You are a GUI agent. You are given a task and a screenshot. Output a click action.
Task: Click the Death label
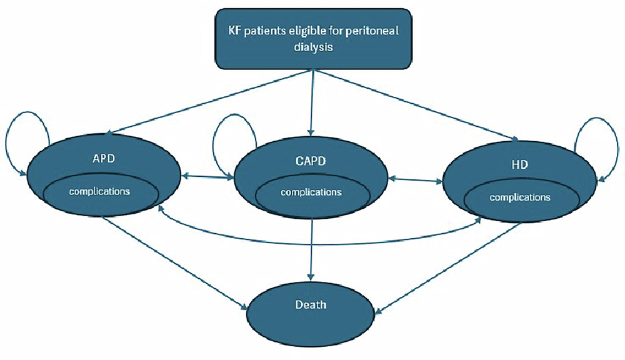tap(311, 306)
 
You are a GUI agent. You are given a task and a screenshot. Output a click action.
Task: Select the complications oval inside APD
tap(100, 191)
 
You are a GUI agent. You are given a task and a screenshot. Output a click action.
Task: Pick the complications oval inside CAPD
tap(311, 192)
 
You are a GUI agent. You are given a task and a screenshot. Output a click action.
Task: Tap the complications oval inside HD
tap(520, 197)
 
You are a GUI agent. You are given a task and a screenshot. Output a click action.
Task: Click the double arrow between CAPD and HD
tap(415, 181)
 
